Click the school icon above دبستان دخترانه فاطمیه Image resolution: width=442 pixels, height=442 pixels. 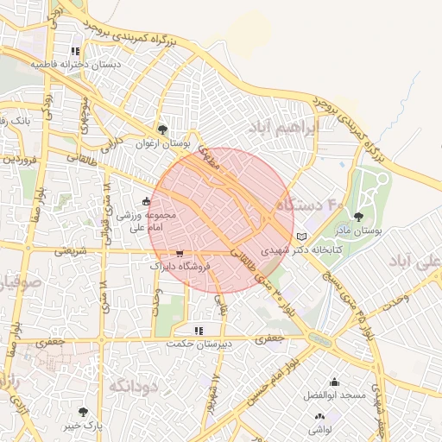(77, 51)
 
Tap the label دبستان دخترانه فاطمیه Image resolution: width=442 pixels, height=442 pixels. (76, 64)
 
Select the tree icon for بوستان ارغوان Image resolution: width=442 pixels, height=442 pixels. (162, 129)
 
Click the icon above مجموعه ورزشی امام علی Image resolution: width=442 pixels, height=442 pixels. (146, 202)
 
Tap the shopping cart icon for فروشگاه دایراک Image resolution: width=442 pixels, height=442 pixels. (179, 254)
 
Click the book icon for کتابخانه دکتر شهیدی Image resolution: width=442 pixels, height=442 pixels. (300, 236)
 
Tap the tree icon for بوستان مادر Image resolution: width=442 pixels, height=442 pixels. (359, 218)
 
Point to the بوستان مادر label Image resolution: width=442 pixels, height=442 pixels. (359, 230)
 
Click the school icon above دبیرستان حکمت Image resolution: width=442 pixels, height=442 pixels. (199, 330)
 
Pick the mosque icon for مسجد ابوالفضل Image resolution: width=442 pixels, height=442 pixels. (335, 382)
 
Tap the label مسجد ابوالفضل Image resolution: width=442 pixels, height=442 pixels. (335, 395)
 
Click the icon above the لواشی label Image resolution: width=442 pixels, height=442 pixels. (320, 417)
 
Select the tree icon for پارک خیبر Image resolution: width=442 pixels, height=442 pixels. (83, 412)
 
